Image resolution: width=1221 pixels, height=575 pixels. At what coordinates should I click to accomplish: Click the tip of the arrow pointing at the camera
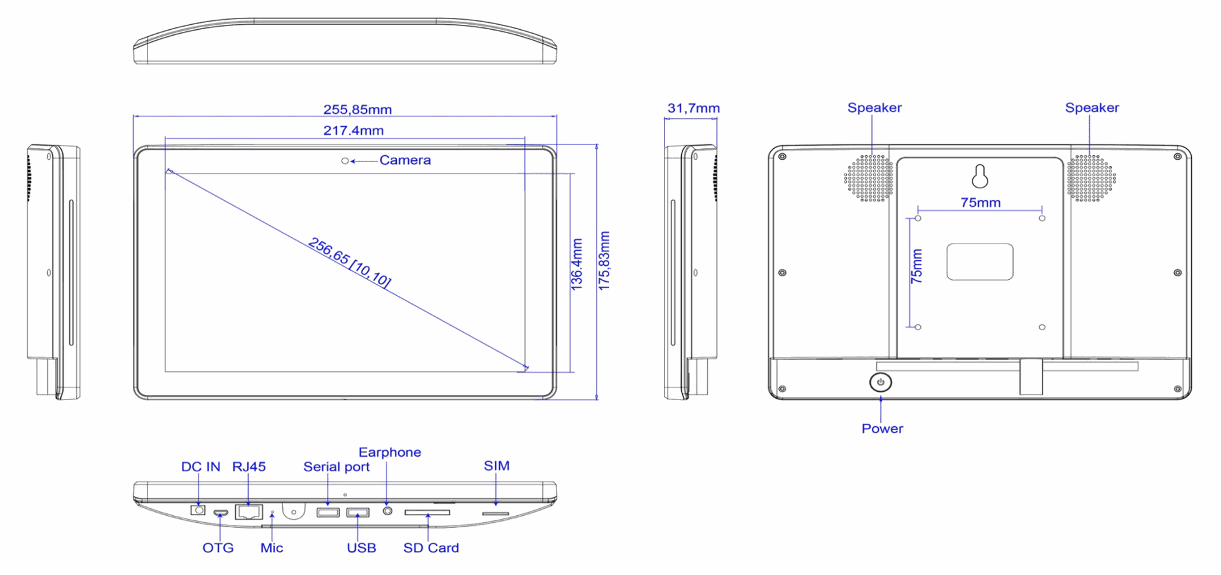coord(350,162)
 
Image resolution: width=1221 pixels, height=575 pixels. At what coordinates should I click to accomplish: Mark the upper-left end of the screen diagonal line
coord(167,170)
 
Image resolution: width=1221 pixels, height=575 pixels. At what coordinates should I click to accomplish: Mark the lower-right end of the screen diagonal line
coord(527,368)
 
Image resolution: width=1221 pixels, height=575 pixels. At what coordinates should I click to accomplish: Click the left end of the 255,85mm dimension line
coord(134,116)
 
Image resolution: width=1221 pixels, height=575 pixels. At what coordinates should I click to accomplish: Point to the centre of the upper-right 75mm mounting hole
coord(1042,218)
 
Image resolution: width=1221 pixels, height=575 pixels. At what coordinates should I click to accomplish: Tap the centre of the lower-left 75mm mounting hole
coord(918,327)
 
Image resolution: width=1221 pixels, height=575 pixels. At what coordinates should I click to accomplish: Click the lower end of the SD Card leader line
coord(428,540)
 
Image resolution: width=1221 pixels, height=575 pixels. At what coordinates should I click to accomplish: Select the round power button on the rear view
coord(880,382)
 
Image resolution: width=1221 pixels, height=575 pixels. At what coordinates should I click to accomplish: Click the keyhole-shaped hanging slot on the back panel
coord(980,176)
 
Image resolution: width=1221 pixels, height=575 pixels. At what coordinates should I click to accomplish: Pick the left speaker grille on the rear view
coord(869,177)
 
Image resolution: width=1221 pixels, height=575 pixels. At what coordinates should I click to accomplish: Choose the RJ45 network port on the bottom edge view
coord(249,511)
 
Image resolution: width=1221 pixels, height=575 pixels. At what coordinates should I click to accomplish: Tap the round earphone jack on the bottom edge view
coord(387,510)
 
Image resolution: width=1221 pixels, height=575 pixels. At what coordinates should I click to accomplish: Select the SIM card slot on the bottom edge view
coord(495,513)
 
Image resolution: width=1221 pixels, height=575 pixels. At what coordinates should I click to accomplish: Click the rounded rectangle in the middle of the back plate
coord(979,261)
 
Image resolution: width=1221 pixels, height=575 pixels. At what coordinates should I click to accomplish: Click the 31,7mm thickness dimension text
coord(693,108)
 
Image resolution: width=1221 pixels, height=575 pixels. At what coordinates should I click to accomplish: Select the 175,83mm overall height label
coord(604,261)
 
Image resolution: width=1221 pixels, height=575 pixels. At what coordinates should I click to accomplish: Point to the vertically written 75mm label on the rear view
coord(916,266)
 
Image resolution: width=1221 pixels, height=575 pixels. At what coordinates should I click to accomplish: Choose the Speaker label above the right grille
coord(1092,107)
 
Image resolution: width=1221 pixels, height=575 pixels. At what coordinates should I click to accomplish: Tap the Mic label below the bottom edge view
coord(272,548)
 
